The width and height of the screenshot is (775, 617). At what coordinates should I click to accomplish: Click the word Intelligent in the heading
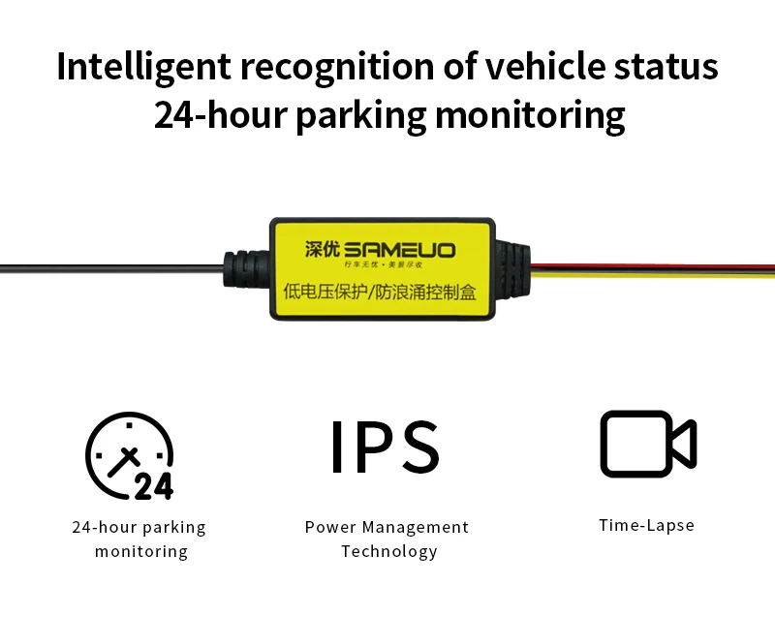point(141,67)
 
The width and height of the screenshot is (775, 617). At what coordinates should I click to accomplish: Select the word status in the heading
point(668,67)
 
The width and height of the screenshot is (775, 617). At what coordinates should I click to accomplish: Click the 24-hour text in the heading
point(220,115)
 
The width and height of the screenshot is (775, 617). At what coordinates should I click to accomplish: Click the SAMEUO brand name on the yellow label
point(399,250)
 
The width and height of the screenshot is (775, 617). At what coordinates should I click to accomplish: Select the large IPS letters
point(386,448)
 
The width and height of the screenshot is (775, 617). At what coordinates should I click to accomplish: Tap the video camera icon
point(647,444)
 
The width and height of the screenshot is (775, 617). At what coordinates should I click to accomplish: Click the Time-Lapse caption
point(646,526)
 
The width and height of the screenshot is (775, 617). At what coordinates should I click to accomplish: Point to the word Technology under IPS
point(388,552)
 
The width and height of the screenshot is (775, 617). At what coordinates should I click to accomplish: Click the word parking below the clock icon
point(174,528)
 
